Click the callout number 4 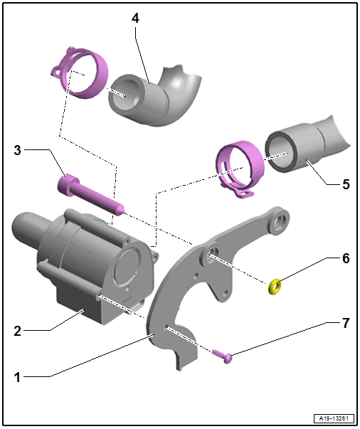point(135,18)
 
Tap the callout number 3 point(17,150)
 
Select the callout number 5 point(346,184)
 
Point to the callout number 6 point(346,258)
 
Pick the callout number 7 point(346,323)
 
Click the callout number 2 point(17,331)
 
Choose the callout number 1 point(17,377)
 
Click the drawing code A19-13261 point(334,418)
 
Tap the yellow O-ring point(275,287)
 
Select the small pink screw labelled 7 point(222,356)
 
